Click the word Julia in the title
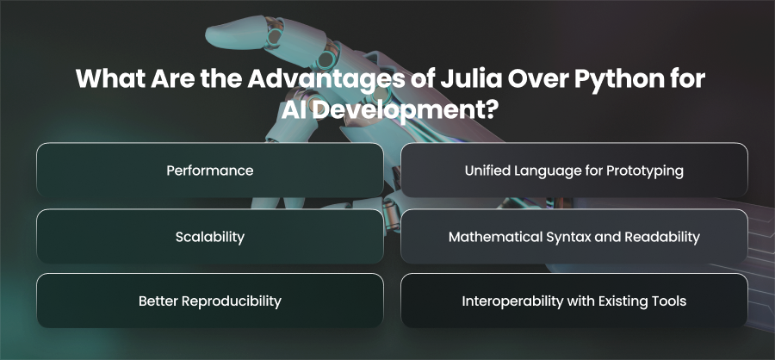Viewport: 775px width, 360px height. [468, 79]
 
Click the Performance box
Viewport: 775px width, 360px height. [210, 171]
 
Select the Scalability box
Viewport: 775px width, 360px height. [210, 236]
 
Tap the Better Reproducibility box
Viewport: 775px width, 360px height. [210, 301]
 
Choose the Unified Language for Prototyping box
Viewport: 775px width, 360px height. [574, 171]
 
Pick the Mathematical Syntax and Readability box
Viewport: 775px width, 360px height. [574, 236]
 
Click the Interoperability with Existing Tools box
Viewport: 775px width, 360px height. [574, 301]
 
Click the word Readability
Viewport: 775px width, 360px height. [662, 238]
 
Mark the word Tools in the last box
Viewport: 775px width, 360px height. [671, 301]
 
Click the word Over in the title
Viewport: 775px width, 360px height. [531, 79]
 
